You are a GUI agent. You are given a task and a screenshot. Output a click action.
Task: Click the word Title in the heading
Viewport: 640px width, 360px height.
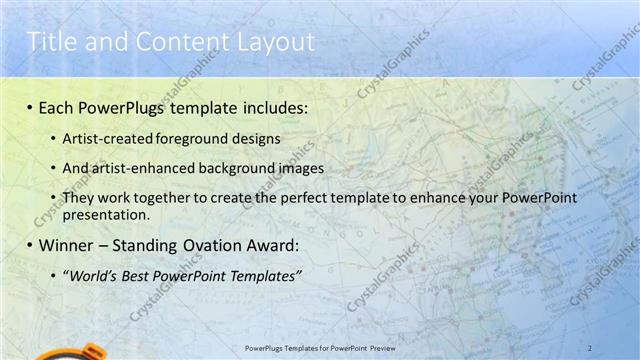click(49, 41)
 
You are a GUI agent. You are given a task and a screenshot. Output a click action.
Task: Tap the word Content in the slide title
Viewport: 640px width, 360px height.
click(173, 41)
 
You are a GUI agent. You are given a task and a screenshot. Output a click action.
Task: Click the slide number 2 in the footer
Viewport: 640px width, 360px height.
click(590, 346)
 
